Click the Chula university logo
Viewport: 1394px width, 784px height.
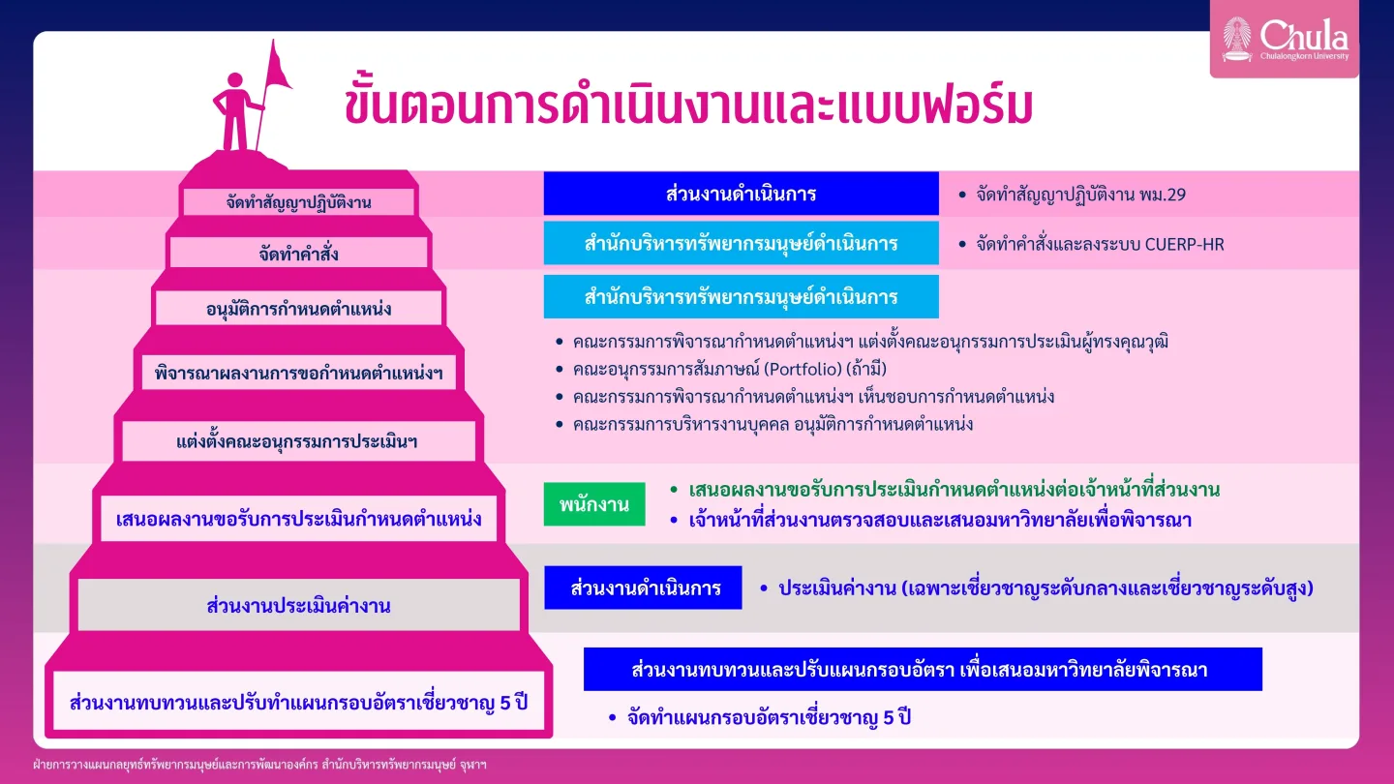click(x=1285, y=39)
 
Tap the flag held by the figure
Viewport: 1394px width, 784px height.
click(x=277, y=67)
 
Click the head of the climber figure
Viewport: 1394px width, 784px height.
click(x=235, y=81)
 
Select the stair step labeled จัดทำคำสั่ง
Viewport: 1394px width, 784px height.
click(x=299, y=254)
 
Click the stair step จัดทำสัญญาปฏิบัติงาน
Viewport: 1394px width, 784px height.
click(x=299, y=202)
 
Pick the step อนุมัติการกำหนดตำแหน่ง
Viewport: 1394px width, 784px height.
click(x=299, y=309)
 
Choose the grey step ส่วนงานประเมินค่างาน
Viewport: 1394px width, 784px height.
click(x=299, y=605)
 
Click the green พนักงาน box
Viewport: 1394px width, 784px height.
click(x=594, y=504)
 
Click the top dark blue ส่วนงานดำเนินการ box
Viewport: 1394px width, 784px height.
click(x=742, y=194)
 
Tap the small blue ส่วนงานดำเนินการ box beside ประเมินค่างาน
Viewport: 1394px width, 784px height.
click(x=643, y=588)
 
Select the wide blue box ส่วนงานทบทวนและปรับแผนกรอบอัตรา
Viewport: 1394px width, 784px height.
click(x=923, y=670)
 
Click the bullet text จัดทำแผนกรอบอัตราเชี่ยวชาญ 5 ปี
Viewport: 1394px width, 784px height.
click(x=769, y=717)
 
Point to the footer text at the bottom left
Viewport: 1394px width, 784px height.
click(x=259, y=764)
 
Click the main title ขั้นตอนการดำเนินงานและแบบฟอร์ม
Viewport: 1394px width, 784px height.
click(x=688, y=104)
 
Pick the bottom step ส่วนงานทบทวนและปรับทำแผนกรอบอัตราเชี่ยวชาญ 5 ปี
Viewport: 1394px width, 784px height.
click(x=299, y=701)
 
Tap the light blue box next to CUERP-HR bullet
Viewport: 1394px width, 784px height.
click(x=742, y=243)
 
